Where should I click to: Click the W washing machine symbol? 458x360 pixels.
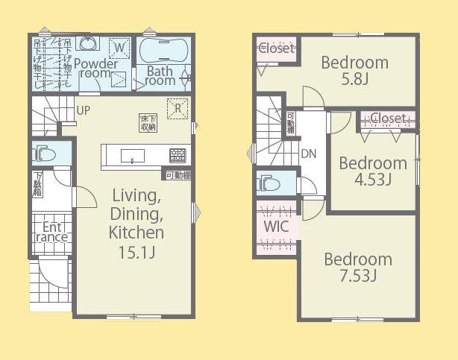tap(117, 49)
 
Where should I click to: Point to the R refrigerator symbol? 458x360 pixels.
tap(178, 107)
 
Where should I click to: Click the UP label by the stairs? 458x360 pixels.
tap(85, 110)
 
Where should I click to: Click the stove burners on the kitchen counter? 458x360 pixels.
tap(178, 156)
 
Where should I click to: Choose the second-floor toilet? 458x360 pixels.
tap(269, 183)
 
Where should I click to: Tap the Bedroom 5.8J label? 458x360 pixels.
tap(354, 69)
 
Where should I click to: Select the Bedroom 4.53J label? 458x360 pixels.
tap(373, 170)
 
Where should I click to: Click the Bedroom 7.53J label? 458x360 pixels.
tap(357, 268)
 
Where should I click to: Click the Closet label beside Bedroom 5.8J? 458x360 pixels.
tap(277, 48)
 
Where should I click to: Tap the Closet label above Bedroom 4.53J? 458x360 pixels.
tap(388, 119)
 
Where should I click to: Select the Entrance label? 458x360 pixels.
tap(51, 232)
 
